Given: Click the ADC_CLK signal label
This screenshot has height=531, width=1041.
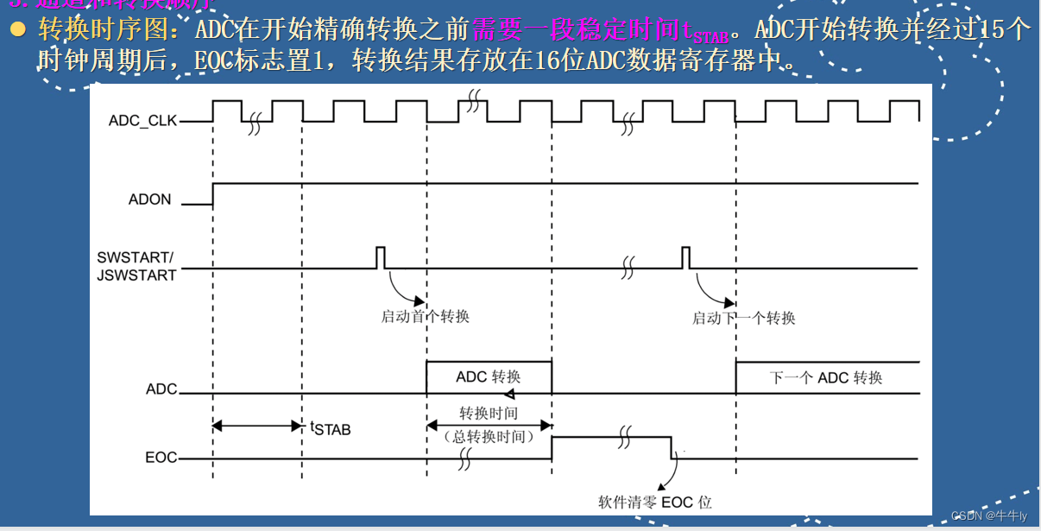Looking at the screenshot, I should tap(142, 121).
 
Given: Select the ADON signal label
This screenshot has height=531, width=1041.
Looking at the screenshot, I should tap(149, 199).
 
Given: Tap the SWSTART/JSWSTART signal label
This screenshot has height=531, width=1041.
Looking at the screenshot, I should tap(136, 267).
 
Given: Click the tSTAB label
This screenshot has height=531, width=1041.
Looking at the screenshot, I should tap(331, 427).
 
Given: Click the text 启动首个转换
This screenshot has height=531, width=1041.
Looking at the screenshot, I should tap(425, 316).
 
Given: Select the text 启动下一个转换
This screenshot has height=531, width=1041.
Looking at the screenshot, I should tap(743, 318).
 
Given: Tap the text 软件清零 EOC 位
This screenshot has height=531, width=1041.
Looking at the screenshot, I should tap(655, 502).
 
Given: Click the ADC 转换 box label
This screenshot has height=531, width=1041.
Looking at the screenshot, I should tap(488, 377).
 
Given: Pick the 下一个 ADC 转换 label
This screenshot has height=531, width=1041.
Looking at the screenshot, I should tap(826, 377).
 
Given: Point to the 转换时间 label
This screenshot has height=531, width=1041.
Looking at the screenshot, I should tap(489, 414).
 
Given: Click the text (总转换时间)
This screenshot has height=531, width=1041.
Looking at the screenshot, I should tap(489, 437).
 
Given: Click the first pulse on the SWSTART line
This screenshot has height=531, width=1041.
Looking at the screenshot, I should tap(380, 257).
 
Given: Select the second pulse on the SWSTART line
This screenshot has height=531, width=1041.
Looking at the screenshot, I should tap(685, 257).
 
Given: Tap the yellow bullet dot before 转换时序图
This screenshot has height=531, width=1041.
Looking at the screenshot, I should tap(18, 30).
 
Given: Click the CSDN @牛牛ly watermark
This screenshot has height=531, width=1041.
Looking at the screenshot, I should tap(989, 515).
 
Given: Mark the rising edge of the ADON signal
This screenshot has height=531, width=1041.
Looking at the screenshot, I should tap(213, 193).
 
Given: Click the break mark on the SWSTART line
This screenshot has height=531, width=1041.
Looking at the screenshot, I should tap(628, 269).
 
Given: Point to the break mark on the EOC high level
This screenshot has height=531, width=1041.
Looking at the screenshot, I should tap(624, 437).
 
